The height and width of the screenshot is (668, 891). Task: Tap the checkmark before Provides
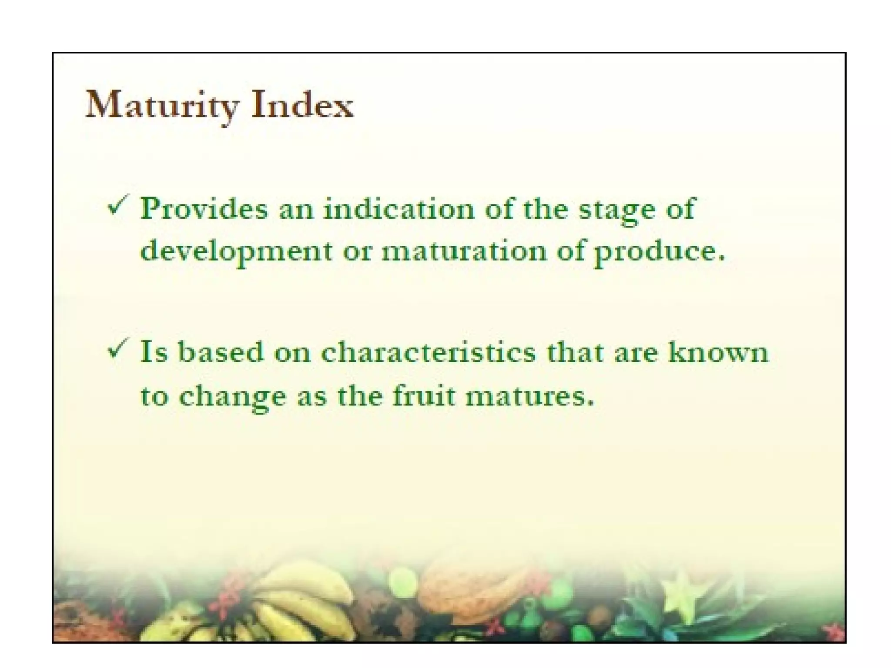click(118, 205)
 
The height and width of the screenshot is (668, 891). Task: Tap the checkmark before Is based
click(118, 348)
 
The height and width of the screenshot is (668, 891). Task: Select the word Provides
click(204, 209)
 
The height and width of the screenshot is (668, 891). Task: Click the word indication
click(399, 209)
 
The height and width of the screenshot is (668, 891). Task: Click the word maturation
click(464, 251)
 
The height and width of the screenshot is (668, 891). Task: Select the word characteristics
click(429, 352)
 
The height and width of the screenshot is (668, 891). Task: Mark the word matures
click(529, 397)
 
